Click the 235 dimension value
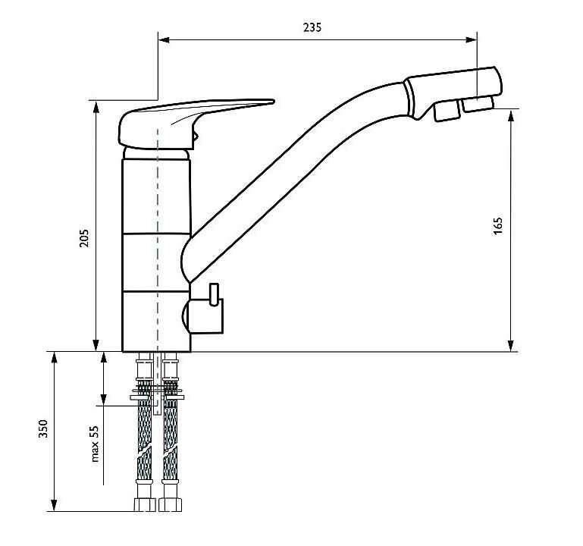[x=312, y=27]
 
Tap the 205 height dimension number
[x=84, y=238]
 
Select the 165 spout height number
[x=498, y=225]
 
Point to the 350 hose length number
[x=43, y=428]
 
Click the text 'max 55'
[x=96, y=444]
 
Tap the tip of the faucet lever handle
[x=274, y=101]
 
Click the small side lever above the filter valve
[x=214, y=294]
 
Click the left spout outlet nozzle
[x=447, y=111]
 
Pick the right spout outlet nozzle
[x=478, y=103]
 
